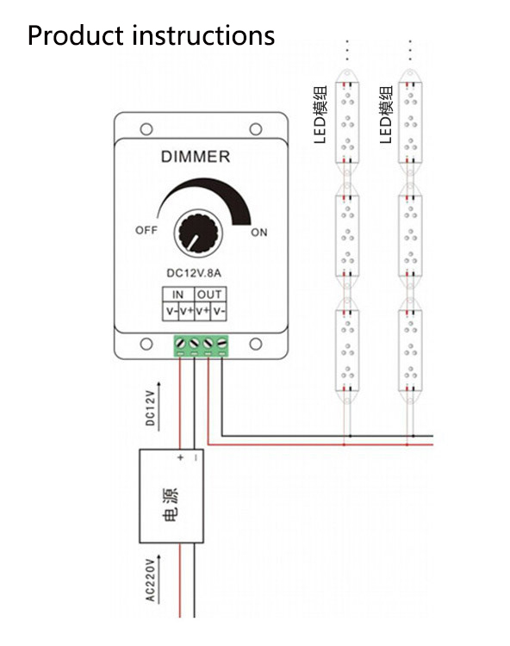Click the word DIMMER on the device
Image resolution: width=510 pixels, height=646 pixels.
196,157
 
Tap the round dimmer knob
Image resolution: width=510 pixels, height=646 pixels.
198,233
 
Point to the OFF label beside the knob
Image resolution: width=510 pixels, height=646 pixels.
146,230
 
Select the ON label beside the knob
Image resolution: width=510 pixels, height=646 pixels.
259,233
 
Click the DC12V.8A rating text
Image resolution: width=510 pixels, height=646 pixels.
194,273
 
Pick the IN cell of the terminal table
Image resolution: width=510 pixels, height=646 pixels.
178,295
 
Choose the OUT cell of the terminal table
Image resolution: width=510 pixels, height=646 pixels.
209,295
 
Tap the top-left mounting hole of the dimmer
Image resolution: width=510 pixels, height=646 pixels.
146,129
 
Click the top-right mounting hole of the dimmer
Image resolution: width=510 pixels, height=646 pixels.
256,129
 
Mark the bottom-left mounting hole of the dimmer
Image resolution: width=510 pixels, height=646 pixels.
146,344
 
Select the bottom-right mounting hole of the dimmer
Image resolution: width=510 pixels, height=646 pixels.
256,344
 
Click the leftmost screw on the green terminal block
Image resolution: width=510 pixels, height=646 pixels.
180,343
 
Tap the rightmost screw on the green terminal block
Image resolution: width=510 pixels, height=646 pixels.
222,343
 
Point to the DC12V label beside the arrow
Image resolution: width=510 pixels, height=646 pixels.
151,408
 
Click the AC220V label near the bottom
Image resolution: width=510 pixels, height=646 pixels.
151,580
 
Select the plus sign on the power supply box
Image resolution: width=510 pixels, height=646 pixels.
180,457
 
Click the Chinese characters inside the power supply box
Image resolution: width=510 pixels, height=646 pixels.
171,504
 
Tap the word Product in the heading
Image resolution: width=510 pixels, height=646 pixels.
76,35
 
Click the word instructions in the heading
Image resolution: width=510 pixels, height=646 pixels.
203,35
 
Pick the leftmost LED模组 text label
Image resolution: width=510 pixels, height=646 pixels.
320,114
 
